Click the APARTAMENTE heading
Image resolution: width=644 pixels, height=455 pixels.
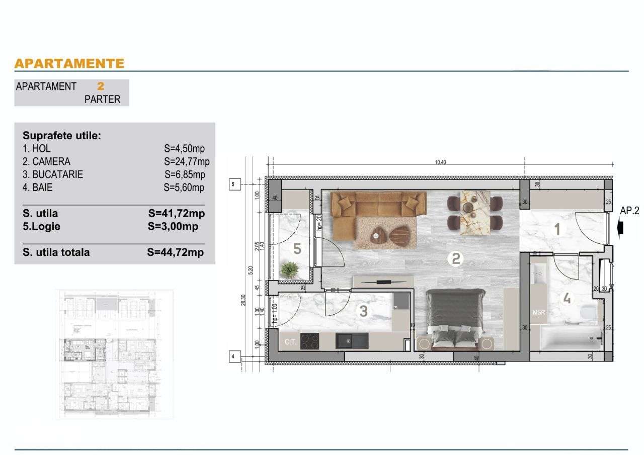coord(69,63)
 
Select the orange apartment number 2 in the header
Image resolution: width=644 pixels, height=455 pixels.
coord(101,86)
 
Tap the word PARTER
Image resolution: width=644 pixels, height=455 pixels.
coord(102,99)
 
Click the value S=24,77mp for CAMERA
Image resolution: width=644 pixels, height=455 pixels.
coord(186,162)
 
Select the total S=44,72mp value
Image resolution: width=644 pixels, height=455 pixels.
coord(176,252)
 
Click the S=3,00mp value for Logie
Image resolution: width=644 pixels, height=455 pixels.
coord(173,226)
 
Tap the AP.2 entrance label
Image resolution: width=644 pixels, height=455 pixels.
coord(629,211)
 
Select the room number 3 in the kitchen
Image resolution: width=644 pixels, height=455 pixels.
coord(363,311)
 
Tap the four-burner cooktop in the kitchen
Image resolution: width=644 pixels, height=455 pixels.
coord(309,341)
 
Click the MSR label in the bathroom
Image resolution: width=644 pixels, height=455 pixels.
coord(539,312)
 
